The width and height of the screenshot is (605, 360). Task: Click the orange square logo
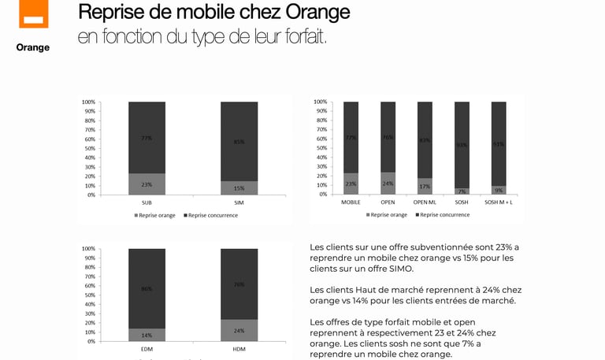click(x=33, y=13)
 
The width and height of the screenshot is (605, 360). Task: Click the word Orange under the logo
click(x=33, y=47)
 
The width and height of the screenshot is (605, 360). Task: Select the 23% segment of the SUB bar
click(x=147, y=184)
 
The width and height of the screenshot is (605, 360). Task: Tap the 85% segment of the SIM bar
click(x=239, y=142)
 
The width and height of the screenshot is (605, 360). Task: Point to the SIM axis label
click(x=239, y=202)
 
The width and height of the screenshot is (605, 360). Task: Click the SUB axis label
click(x=147, y=202)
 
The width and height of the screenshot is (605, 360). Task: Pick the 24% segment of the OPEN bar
click(x=388, y=184)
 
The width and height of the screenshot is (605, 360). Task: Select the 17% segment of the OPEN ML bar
click(x=425, y=187)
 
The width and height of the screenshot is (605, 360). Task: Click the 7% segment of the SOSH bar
click(x=462, y=191)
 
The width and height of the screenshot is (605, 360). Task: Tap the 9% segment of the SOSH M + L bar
click(x=499, y=190)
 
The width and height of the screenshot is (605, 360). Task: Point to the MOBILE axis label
click(x=351, y=202)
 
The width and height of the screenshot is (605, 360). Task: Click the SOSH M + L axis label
click(x=499, y=202)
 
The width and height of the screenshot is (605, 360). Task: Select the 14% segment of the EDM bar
click(x=147, y=335)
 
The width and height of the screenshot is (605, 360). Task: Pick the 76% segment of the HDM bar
click(x=239, y=284)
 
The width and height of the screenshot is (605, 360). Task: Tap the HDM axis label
click(x=239, y=349)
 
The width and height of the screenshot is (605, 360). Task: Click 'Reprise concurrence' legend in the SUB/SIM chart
click(x=211, y=215)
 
